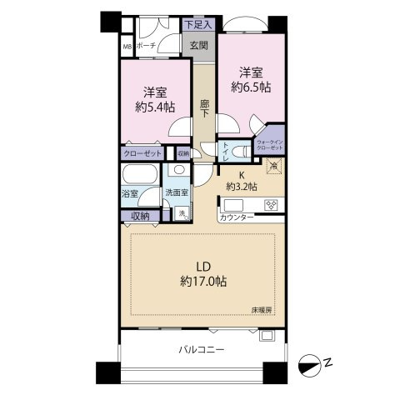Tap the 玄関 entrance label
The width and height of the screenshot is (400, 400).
pos(197,47)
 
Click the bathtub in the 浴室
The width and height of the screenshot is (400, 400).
pos(137,177)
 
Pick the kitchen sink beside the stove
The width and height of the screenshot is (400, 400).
pos(234,205)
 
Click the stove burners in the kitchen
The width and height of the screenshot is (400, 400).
pos(271,205)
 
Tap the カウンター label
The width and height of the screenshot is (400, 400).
pos(237,218)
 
